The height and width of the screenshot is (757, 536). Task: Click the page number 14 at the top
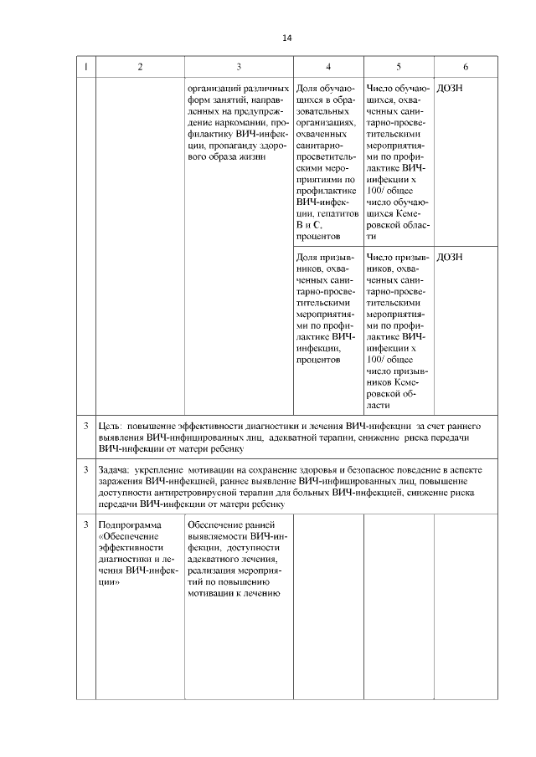(x=287, y=38)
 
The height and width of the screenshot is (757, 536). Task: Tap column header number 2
(x=140, y=66)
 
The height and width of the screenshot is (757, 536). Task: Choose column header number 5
(x=398, y=66)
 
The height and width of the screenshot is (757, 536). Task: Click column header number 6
(x=466, y=66)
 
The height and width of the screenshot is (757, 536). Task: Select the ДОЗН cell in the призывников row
(x=450, y=257)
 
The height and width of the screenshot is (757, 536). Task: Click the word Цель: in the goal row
(x=111, y=427)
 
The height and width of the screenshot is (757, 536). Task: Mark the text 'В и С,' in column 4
(x=310, y=225)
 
